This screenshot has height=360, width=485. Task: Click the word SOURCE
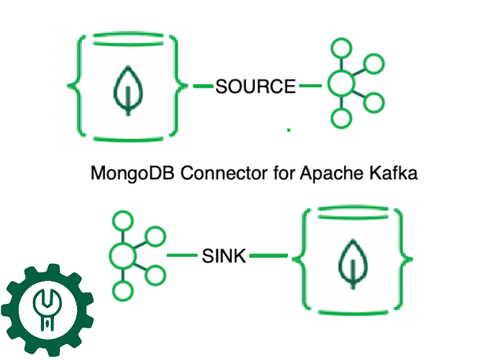[255, 86]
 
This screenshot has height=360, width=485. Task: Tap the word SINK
[224, 256]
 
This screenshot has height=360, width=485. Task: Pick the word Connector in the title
[224, 172]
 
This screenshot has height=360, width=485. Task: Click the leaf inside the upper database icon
[128, 91]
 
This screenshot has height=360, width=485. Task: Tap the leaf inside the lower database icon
[353, 264]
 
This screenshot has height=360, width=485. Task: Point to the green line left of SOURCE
[203, 86]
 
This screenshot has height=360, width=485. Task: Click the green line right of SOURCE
[311, 86]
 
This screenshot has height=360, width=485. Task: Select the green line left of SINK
[182, 256]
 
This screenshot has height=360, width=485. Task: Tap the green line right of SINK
[268, 256]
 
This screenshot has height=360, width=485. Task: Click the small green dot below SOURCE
[289, 130]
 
